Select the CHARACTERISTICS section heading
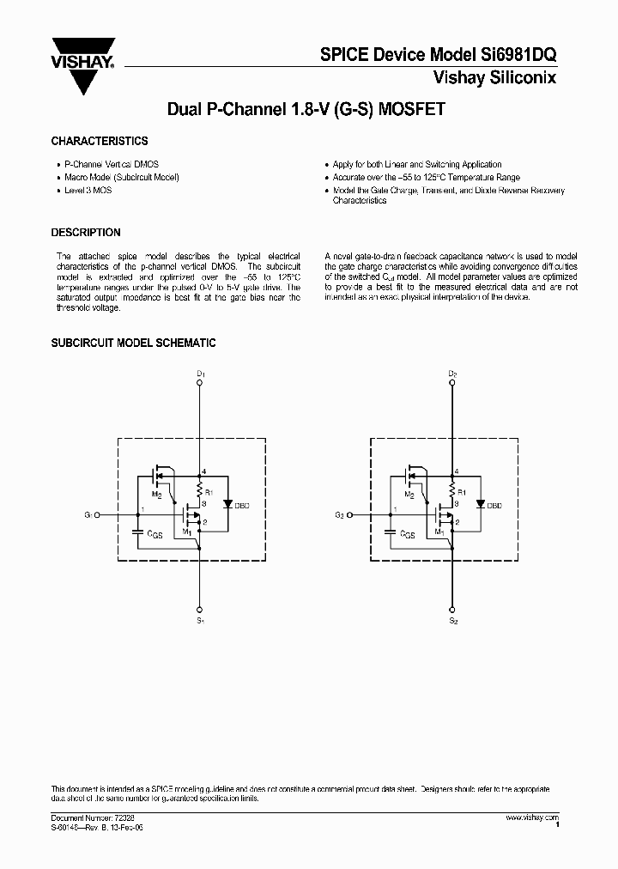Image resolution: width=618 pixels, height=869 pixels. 100,141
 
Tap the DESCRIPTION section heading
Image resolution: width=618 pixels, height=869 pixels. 86,233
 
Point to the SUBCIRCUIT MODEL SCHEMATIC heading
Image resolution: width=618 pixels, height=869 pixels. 133,343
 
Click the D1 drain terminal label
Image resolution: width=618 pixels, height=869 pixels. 200,374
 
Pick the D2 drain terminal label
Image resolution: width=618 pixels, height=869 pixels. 453,374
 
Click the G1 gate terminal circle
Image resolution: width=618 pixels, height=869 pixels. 97,515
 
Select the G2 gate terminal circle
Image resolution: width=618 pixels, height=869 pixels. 350,515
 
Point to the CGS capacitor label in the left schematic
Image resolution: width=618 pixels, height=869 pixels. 154,534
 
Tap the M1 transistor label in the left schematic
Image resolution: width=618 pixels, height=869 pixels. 188,532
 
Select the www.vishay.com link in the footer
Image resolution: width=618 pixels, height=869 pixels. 532,818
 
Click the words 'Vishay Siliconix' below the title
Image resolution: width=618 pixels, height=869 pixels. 504,77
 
